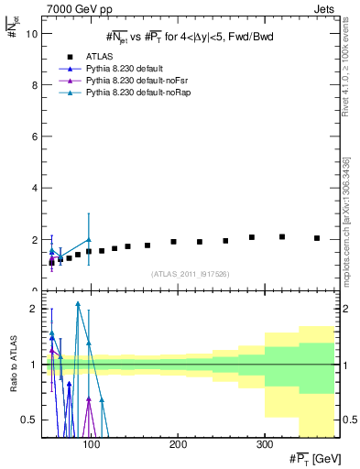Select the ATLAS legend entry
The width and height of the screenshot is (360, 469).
point(98,56)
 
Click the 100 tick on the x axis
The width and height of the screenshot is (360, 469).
point(91,445)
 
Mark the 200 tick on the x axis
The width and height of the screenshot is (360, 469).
point(178,445)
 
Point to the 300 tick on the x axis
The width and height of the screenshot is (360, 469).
point(264,445)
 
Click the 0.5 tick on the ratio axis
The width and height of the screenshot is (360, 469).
point(29,420)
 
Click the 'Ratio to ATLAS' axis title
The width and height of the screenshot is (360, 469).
point(13,365)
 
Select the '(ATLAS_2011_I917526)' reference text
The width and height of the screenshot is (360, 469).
point(190,273)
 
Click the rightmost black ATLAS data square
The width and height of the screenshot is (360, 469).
point(317,238)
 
